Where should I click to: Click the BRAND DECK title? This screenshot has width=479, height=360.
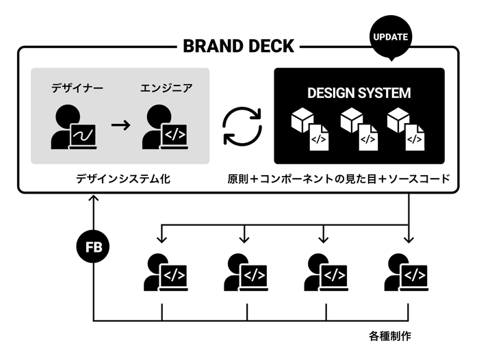(x=238, y=47)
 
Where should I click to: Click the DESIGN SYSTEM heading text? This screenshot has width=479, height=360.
(x=359, y=92)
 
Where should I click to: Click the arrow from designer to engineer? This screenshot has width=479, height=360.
(x=120, y=126)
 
